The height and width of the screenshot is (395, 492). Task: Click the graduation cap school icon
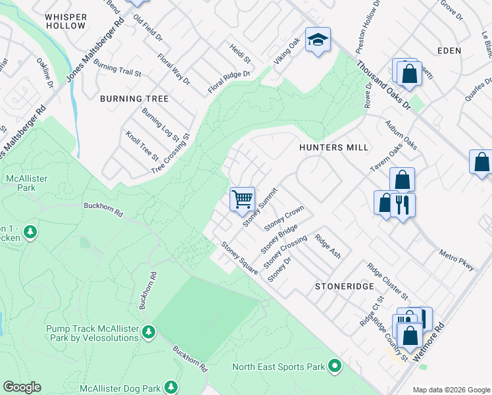pyautogui.click(x=318, y=41)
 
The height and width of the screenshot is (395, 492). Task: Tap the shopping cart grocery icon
pyautogui.click(x=242, y=198)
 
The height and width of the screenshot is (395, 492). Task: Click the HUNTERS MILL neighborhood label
pyautogui.click(x=333, y=147)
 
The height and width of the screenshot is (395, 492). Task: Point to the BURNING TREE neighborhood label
pyautogui.click(x=134, y=99)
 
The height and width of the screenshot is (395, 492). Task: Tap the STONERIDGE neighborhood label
pyautogui.click(x=344, y=286)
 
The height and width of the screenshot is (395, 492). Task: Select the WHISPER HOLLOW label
pyautogui.click(x=66, y=20)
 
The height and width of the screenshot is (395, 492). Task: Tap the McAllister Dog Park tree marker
pyautogui.click(x=171, y=386)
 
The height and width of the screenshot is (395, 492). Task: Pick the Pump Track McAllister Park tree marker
pyautogui.click(x=149, y=330)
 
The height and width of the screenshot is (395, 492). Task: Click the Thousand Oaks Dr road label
pyautogui.click(x=383, y=86)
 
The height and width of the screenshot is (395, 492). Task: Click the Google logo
pyautogui.click(x=22, y=387)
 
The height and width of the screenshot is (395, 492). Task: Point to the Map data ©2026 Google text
pyautogui.click(x=451, y=390)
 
